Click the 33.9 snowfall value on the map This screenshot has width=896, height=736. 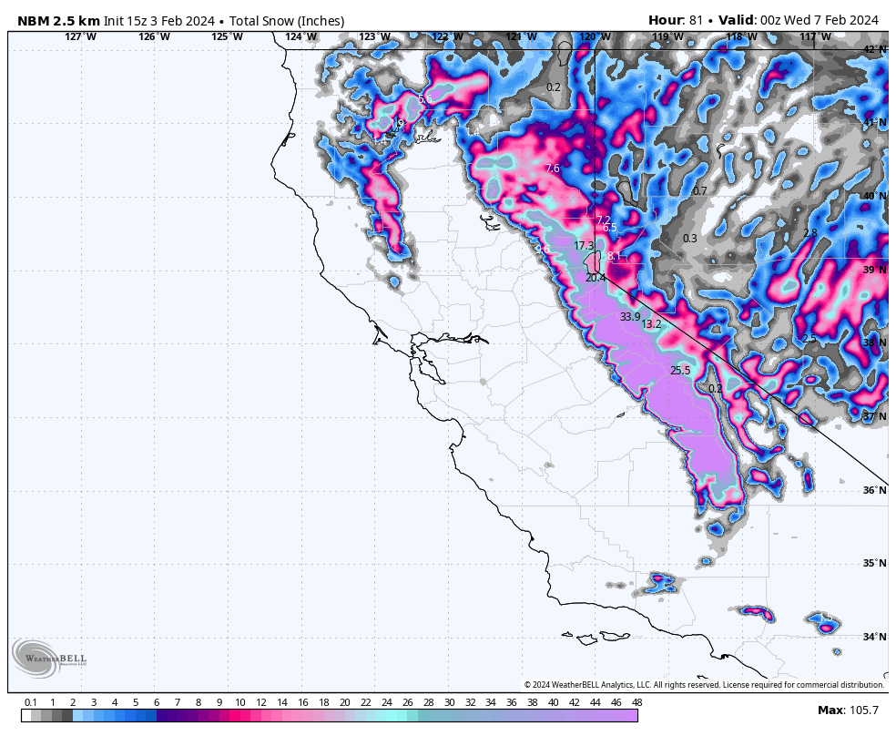pyautogui.click(x=630, y=317)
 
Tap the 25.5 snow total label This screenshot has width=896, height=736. pyautogui.click(x=680, y=371)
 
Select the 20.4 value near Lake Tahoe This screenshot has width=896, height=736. pyautogui.click(x=596, y=278)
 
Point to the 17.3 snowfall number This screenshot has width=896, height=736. pyautogui.click(x=584, y=246)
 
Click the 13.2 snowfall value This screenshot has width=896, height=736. pyautogui.click(x=651, y=324)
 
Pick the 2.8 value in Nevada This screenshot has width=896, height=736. pyautogui.click(x=809, y=234)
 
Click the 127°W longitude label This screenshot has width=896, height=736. pyautogui.click(x=80, y=37)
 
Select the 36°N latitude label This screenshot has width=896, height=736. pyautogui.click(x=874, y=490)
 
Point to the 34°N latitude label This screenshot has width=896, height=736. pyautogui.click(x=874, y=637)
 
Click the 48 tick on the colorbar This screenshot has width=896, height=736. pyautogui.click(x=636, y=702)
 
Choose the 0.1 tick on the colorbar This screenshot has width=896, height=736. pyautogui.click(x=31, y=702)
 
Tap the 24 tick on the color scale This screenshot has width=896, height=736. pyautogui.click(x=386, y=702)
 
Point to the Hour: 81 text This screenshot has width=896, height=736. pyautogui.click(x=675, y=20)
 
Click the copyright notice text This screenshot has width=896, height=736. pyautogui.click(x=703, y=685)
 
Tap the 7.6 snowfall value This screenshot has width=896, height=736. pyautogui.click(x=552, y=169)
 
